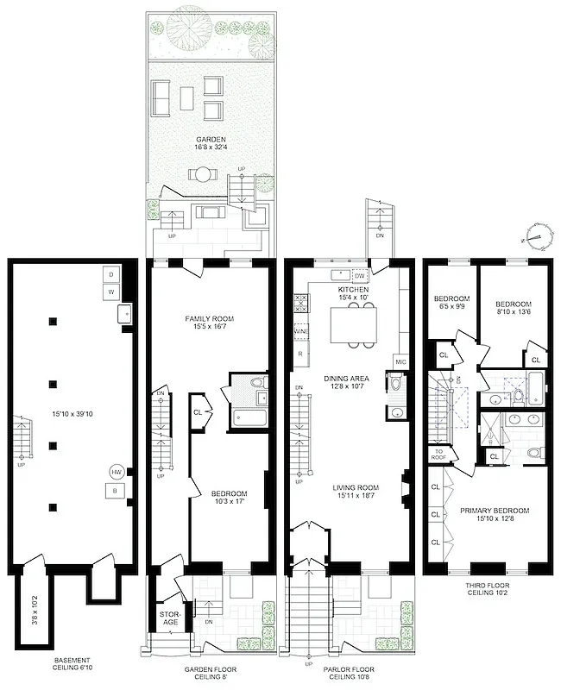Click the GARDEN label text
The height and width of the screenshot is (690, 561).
(x=211, y=139)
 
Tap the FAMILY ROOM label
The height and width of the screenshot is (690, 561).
(x=210, y=319)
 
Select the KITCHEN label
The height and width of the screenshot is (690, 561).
(x=353, y=289)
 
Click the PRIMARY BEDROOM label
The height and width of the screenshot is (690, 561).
(x=495, y=510)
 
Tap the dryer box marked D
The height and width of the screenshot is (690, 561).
(x=110, y=274)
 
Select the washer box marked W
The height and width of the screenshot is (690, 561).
(x=110, y=292)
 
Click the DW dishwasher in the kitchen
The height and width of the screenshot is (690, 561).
(x=360, y=276)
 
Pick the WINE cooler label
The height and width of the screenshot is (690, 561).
(x=301, y=331)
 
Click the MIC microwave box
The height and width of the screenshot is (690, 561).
(x=400, y=361)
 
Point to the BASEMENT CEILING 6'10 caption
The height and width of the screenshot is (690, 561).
(x=71, y=665)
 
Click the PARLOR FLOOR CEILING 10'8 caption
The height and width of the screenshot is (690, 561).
(x=350, y=673)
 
